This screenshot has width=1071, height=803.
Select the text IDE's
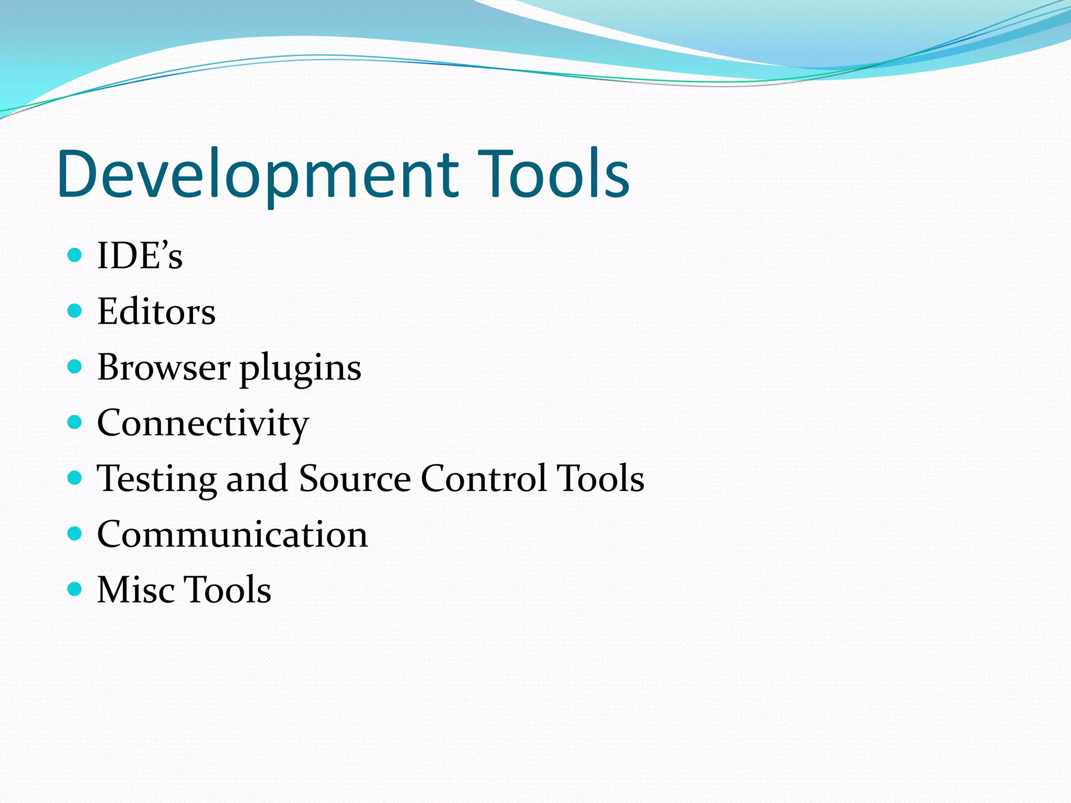[x=140, y=256]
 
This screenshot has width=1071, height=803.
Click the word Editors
[x=156, y=312]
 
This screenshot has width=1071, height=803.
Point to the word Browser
[x=164, y=367]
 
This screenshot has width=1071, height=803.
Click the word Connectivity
[x=203, y=423]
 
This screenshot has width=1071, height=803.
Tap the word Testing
[x=156, y=479]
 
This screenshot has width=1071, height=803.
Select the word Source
[x=355, y=478]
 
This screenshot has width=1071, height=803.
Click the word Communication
[x=233, y=534]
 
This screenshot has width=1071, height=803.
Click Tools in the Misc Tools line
[x=228, y=590]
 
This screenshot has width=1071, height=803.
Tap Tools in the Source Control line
[x=600, y=478]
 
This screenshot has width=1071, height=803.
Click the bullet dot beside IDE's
[x=75, y=255]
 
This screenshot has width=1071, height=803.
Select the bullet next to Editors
[x=75, y=311]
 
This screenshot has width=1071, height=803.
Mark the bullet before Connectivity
[x=75, y=422]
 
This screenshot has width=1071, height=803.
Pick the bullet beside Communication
[x=75, y=533]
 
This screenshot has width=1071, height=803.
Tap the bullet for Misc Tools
[x=75, y=589]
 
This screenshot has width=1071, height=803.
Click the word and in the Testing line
[x=257, y=478]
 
